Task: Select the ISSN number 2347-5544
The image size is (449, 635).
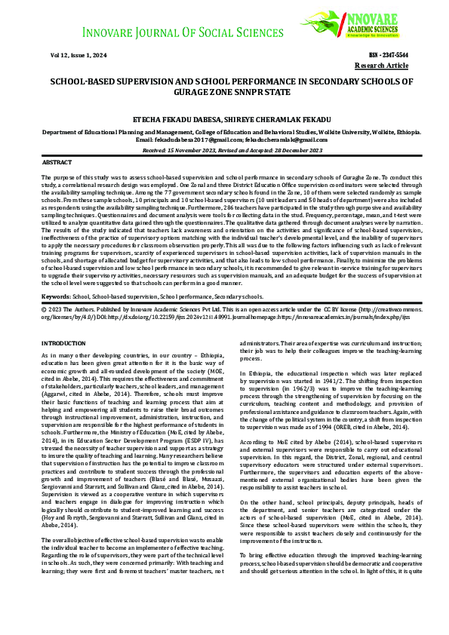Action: pos(389,56)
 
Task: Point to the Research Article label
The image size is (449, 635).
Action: pos(382,66)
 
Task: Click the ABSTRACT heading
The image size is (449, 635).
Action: pos(57,162)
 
